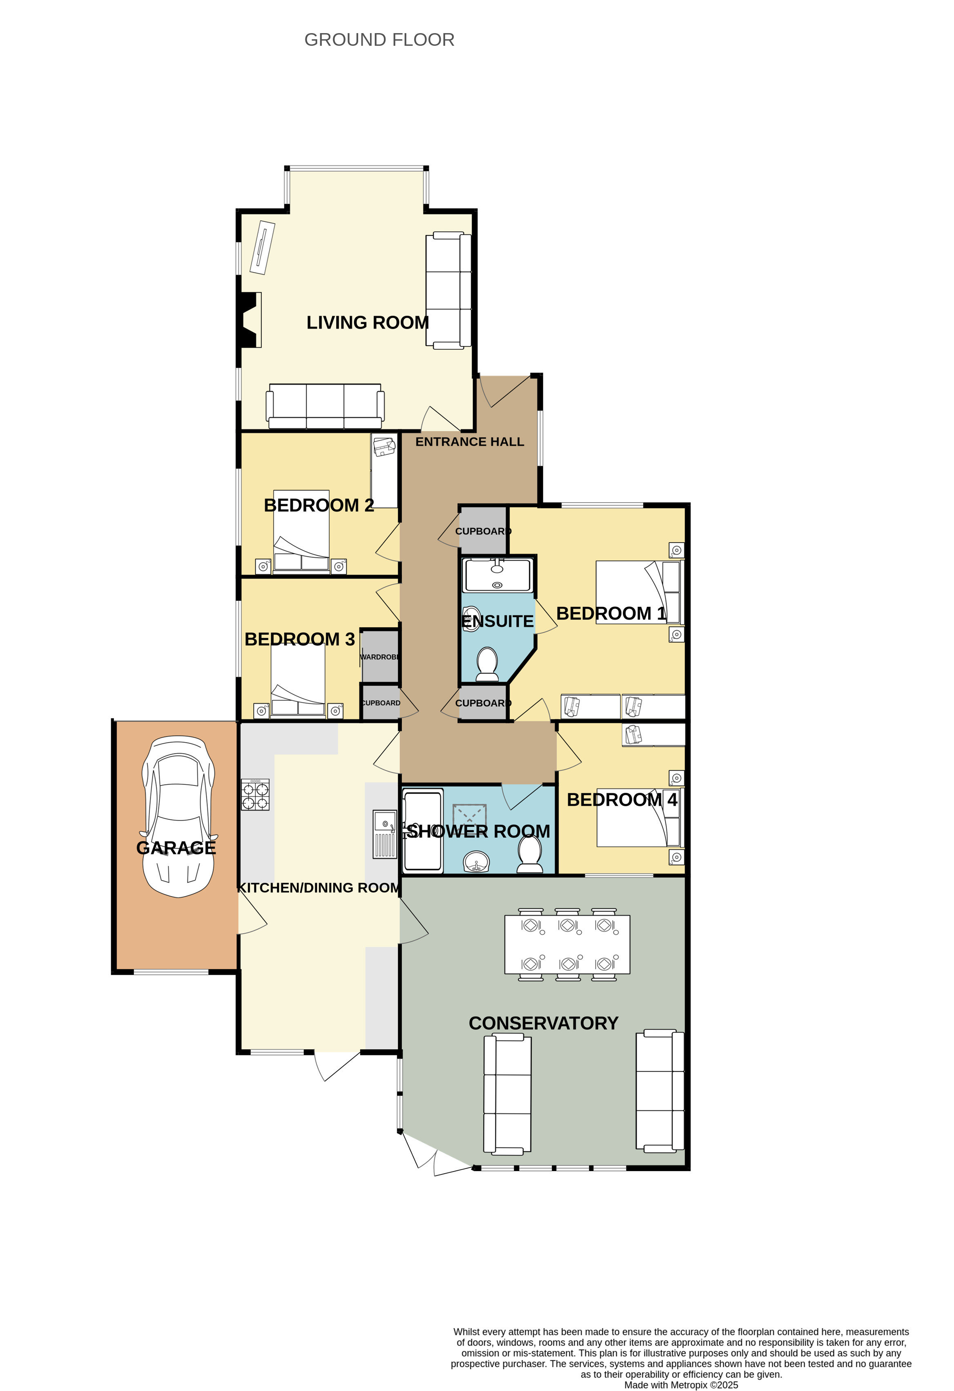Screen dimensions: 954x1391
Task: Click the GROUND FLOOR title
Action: click(379, 40)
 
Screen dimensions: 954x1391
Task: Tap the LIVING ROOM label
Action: click(368, 322)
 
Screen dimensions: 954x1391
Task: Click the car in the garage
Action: click(178, 816)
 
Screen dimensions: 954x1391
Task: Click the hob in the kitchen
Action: click(255, 794)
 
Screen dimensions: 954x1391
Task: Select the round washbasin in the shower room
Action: click(477, 862)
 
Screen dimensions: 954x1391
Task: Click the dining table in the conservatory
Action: click(567, 944)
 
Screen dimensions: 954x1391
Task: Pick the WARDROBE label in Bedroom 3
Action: click(380, 657)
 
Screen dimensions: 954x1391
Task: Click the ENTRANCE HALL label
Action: click(470, 442)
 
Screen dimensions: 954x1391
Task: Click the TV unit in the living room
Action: click(262, 248)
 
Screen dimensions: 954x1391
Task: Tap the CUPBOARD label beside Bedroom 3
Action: click(380, 703)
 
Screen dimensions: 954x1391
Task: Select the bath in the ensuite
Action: click(498, 575)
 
